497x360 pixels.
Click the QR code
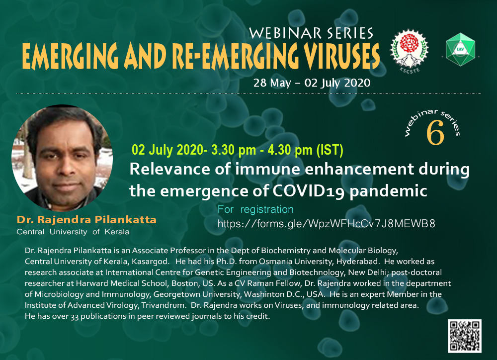(464, 336)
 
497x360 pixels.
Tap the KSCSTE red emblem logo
(409, 51)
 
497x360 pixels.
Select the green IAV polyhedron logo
(460, 49)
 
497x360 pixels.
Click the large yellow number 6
(435, 134)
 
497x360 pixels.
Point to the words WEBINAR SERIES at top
(311, 33)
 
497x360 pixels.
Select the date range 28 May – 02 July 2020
(312, 83)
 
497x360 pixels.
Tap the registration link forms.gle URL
(326, 224)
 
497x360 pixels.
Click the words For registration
(255, 209)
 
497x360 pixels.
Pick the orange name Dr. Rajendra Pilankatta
(86, 219)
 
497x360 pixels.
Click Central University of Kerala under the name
(73, 232)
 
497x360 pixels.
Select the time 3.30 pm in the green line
(234, 150)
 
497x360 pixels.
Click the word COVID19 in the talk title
(309, 191)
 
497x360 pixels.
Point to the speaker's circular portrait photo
(62, 158)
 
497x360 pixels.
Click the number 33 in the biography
(75, 316)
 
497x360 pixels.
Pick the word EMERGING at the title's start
(70, 56)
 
